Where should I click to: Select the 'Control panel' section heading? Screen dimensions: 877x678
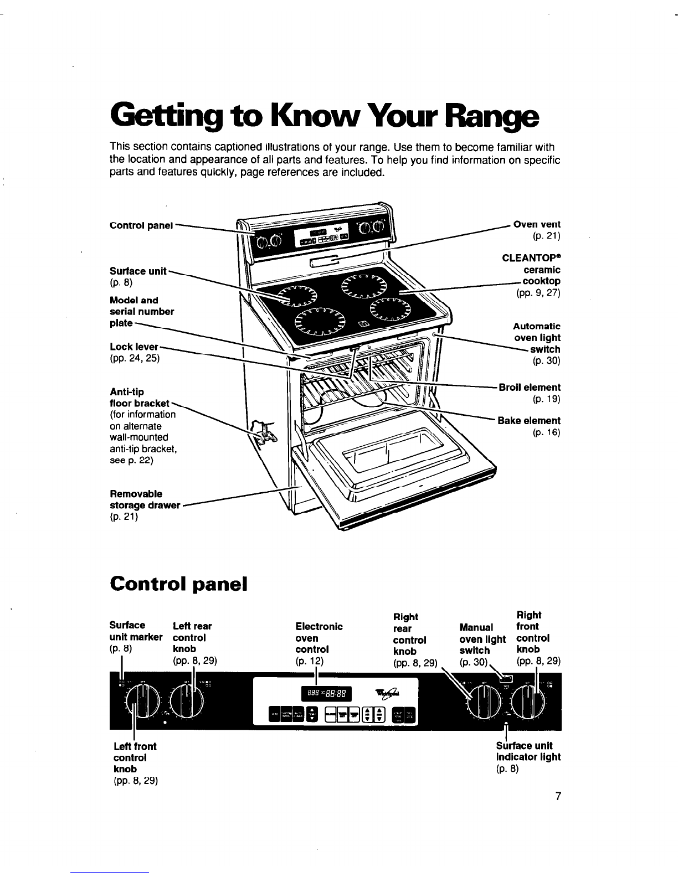(x=178, y=584)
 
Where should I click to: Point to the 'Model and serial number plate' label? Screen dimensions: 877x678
(x=142, y=311)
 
